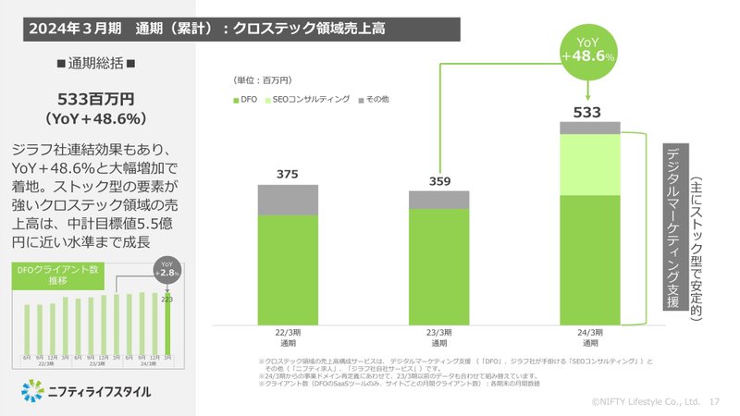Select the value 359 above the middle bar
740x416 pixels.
(439, 180)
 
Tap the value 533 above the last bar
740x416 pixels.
(588, 112)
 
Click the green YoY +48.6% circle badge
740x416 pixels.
(588, 50)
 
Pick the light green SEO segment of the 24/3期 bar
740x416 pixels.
(588, 165)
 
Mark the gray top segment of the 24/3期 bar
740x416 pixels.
(588, 128)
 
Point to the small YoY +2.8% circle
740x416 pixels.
(167, 271)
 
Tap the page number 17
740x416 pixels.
(713, 402)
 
